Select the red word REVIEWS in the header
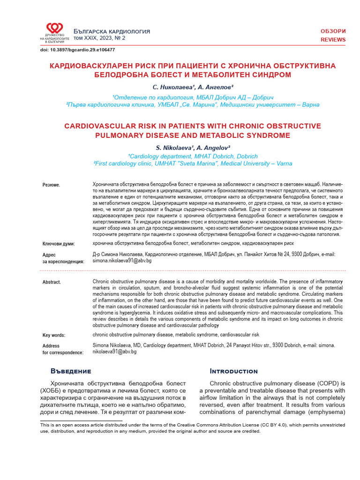333,40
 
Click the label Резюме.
52,185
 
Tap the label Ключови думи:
59,244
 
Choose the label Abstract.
52,282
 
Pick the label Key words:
54,335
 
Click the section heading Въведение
70,371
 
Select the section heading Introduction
228,371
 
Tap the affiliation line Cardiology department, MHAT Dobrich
193,156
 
